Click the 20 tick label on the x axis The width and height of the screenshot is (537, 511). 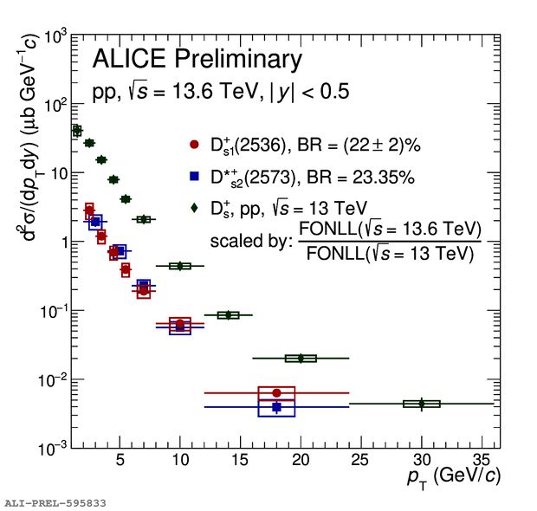pyautogui.click(x=301, y=458)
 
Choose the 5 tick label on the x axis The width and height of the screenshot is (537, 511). pyautogui.click(x=120, y=458)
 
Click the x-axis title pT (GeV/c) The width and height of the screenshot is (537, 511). pyautogui.click(x=453, y=476)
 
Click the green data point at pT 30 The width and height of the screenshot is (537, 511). pyautogui.click(x=422, y=404)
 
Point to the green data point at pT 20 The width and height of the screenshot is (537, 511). pyautogui.click(x=301, y=358)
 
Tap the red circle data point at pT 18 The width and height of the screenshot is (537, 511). pyautogui.click(x=276, y=393)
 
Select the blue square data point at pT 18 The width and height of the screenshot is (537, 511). pyautogui.click(x=276, y=407)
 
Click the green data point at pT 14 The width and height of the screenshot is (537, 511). pyautogui.click(x=228, y=315)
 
